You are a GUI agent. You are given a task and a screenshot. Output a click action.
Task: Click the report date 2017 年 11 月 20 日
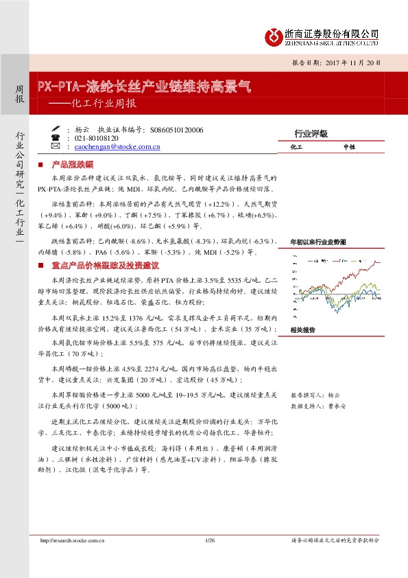point(342,62)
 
